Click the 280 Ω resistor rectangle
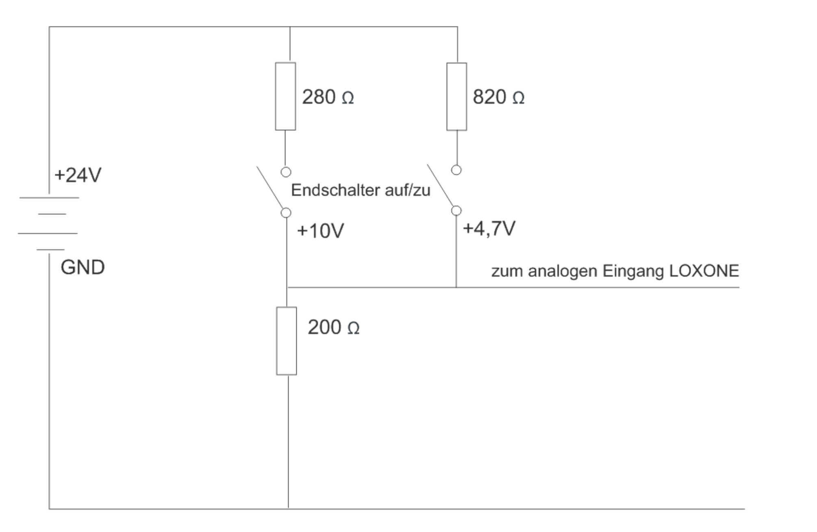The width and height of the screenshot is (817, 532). point(285,96)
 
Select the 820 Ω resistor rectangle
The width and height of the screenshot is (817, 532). point(456,97)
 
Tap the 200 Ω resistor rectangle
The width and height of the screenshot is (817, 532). point(287,341)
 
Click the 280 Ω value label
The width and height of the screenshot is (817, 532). point(328,97)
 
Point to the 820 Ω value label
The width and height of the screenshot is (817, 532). point(498,97)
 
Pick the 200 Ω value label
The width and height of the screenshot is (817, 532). point(333,327)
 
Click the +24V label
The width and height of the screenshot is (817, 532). point(78,175)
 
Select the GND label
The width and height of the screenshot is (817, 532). point(83,267)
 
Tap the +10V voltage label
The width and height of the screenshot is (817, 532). point(321,231)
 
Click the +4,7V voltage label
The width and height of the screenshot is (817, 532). point(489,229)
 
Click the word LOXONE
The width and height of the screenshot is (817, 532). point(704,271)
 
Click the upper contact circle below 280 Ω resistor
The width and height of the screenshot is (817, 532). point(286,172)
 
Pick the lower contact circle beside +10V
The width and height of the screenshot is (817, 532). point(286,212)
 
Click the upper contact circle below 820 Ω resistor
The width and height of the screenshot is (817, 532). point(456,170)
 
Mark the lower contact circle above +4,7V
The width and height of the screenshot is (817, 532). point(456,210)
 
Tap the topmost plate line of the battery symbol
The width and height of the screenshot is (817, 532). point(49,198)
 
